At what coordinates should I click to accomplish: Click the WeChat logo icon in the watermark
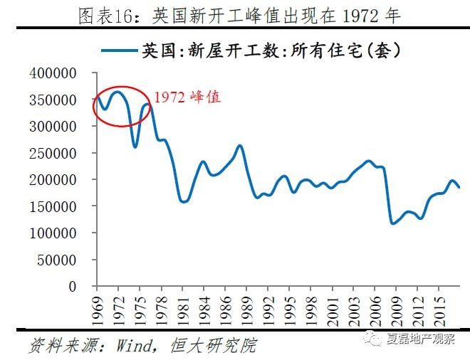pos(374,339)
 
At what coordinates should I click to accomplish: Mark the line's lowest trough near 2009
pos(392,223)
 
